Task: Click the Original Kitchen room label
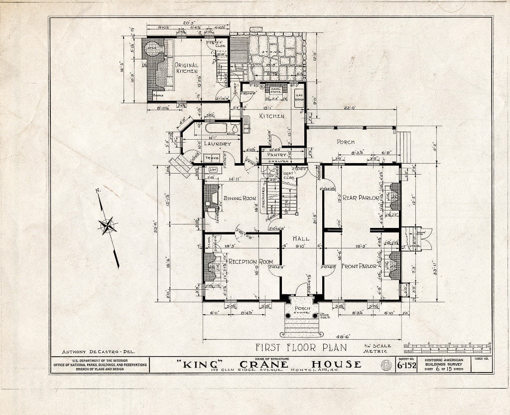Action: (186, 68)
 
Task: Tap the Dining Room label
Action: (239, 199)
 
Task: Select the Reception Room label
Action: (251, 262)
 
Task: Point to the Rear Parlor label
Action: (361, 198)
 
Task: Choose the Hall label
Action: (300, 238)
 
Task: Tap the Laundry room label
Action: (217, 144)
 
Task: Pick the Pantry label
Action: (277, 155)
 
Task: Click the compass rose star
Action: (108, 226)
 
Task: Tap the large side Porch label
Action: (346, 142)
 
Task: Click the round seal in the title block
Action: (386, 365)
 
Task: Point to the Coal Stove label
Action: (275, 90)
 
